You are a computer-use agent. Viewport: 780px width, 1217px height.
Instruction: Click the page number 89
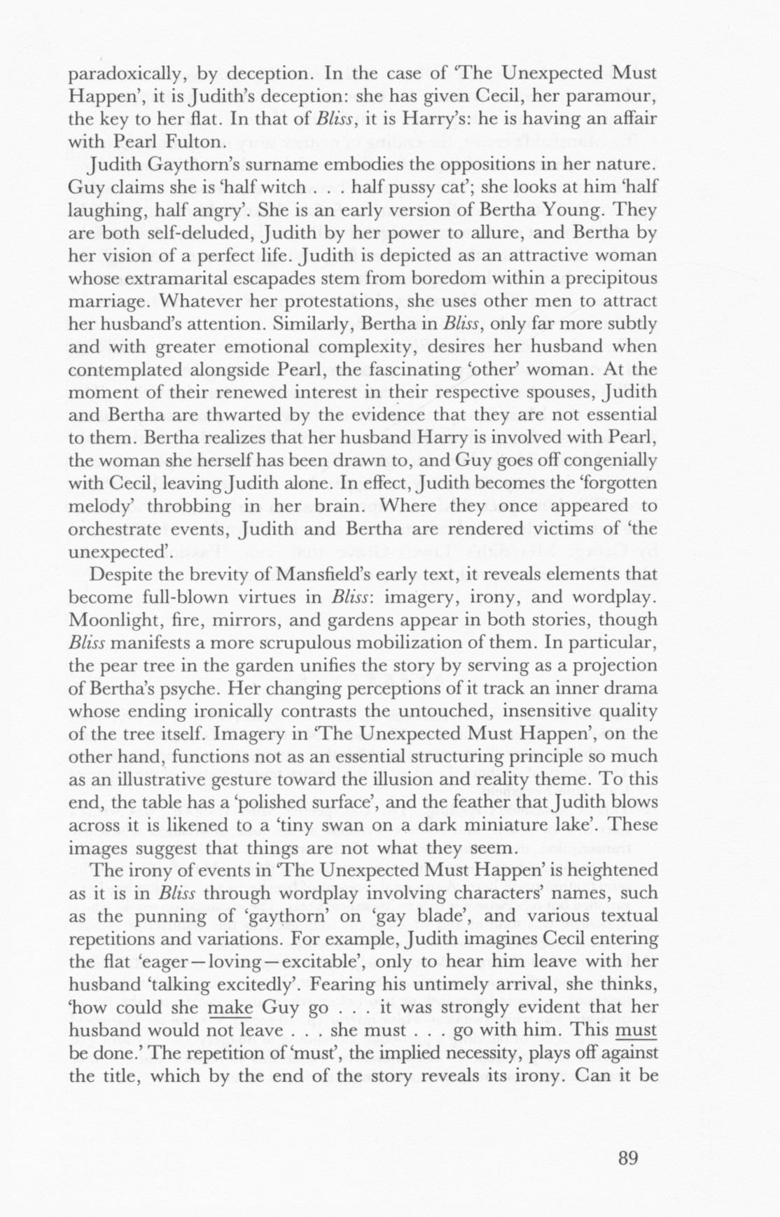click(628, 1157)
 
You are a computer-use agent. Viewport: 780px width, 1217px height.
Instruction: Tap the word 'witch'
click(281, 188)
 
